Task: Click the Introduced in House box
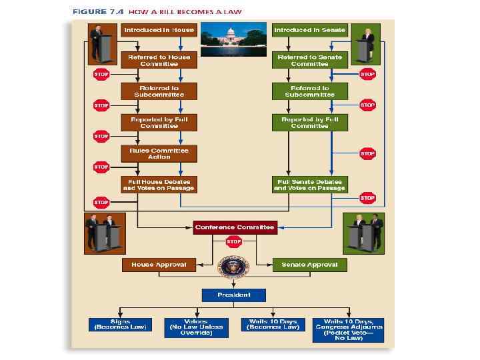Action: pos(159,30)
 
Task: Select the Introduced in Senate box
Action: pos(309,30)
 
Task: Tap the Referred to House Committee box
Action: pos(159,61)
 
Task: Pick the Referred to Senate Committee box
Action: pos(309,61)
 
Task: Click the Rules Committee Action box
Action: pos(159,153)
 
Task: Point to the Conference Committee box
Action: pos(234,227)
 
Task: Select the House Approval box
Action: pos(158,265)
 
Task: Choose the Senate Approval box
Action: pos(309,265)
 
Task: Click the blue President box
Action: pos(234,295)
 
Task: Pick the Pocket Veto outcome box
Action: pos(348,329)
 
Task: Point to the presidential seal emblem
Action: pos(234,267)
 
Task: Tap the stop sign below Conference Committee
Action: pos(234,243)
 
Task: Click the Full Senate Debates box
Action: pos(309,185)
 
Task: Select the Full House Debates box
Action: pos(159,185)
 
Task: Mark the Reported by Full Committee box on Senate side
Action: pos(309,123)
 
